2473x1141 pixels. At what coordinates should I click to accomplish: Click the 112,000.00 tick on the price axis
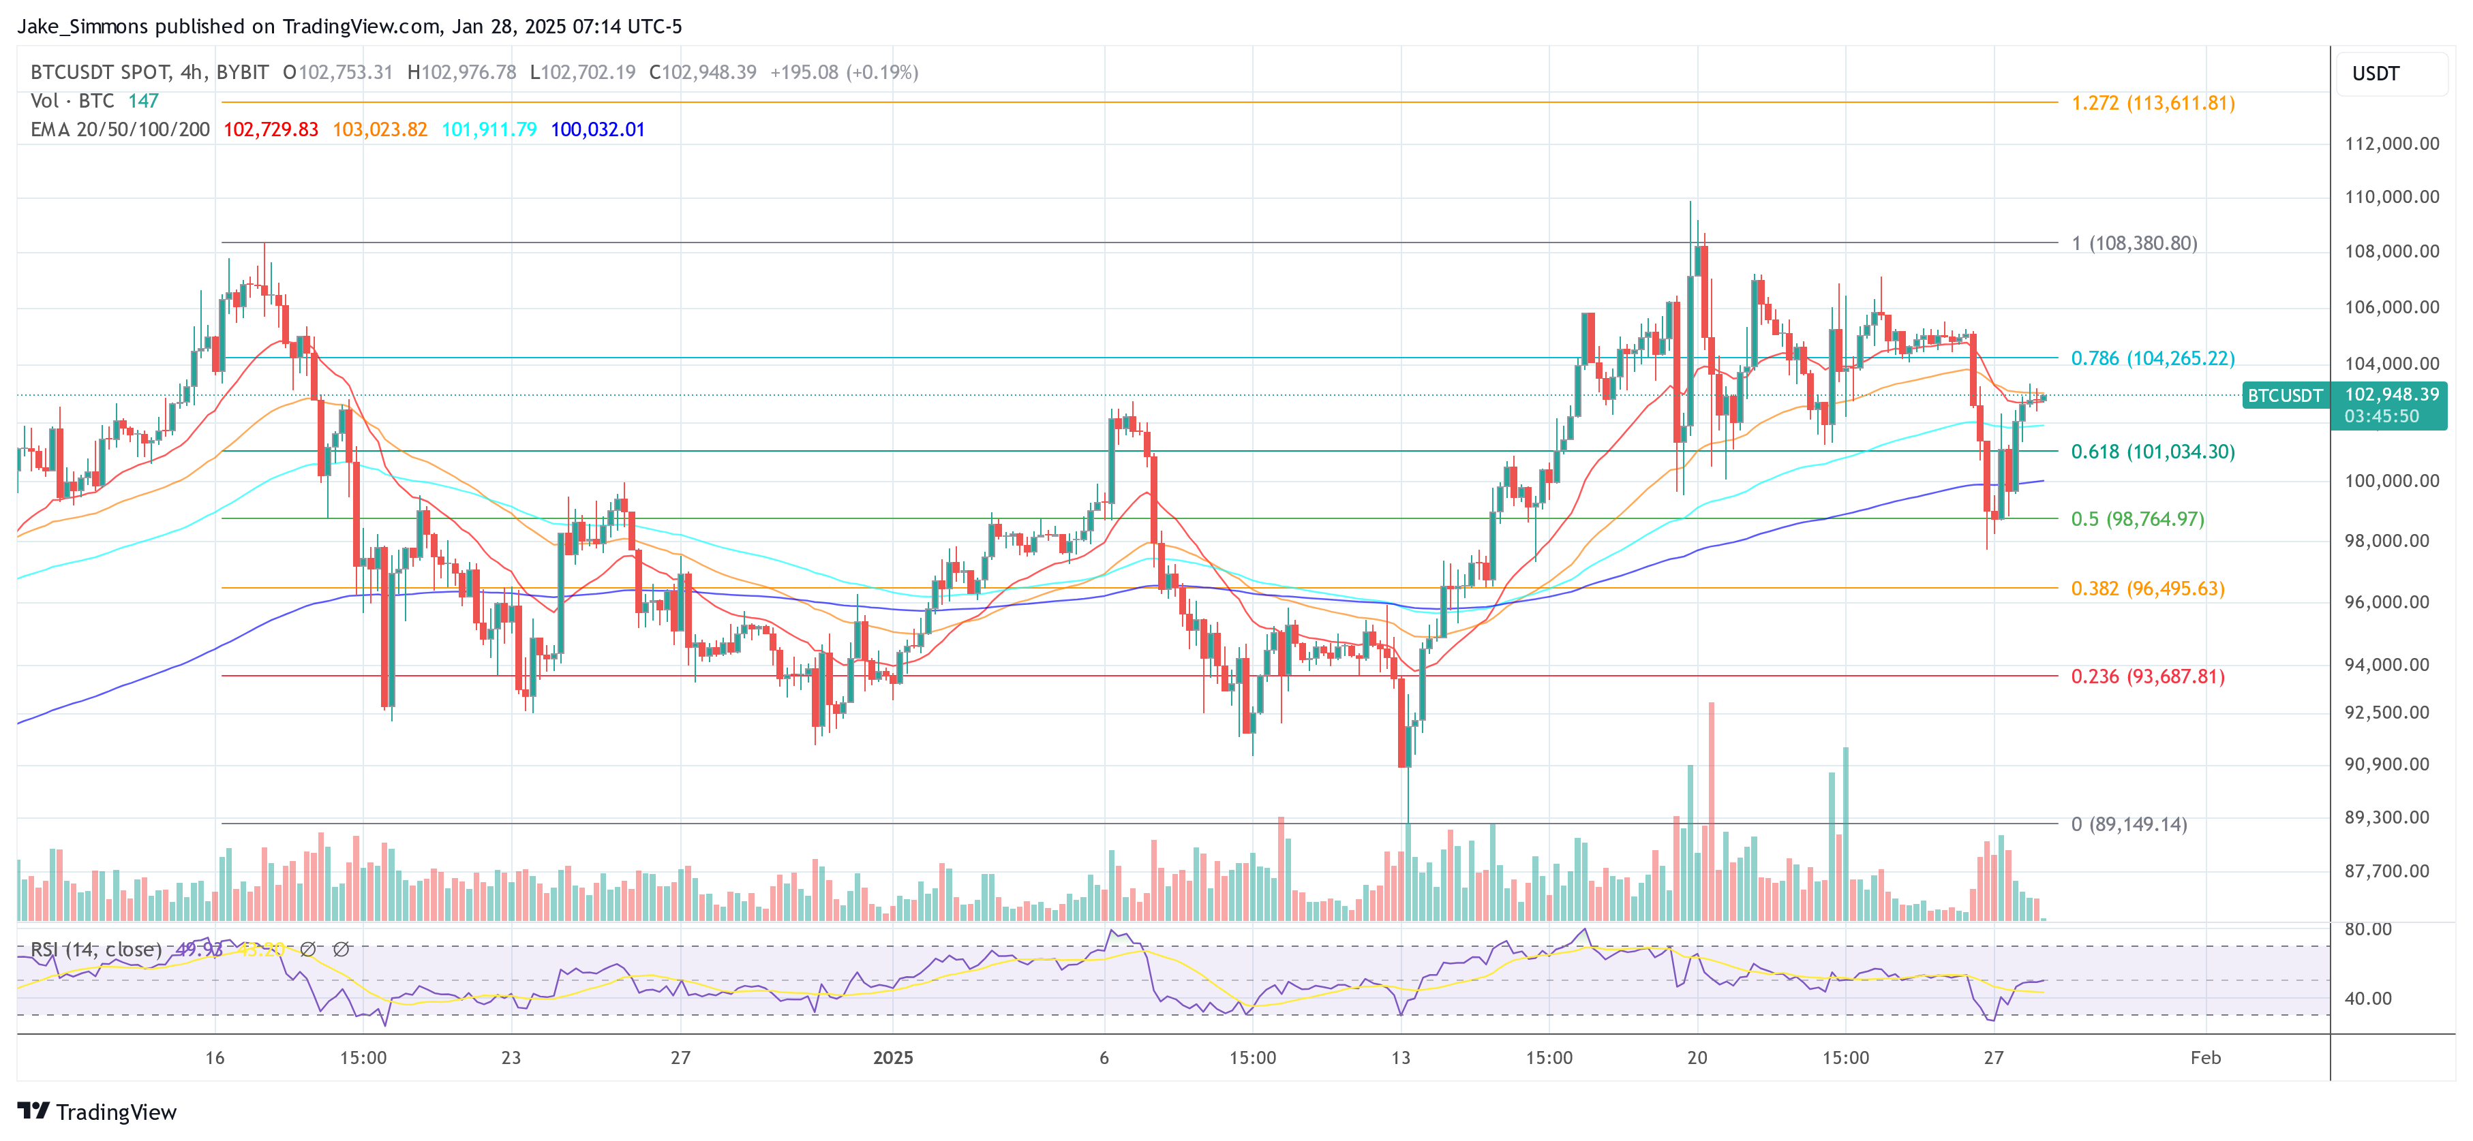click(x=2391, y=144)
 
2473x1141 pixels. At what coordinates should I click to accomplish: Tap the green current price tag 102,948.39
click(x=2391, y=394)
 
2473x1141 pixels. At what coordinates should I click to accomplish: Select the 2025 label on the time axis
click(x=893, y=1057)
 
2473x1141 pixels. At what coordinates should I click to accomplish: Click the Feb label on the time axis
click(x=2205, y=1057)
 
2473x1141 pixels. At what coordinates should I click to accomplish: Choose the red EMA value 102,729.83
click(x=271, y=129)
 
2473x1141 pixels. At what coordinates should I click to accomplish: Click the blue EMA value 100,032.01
click(x=597, y=129)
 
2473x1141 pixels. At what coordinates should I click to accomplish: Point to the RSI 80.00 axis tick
click(x=2367, y=929)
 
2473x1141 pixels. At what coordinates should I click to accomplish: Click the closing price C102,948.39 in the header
click(x=703, y=72)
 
